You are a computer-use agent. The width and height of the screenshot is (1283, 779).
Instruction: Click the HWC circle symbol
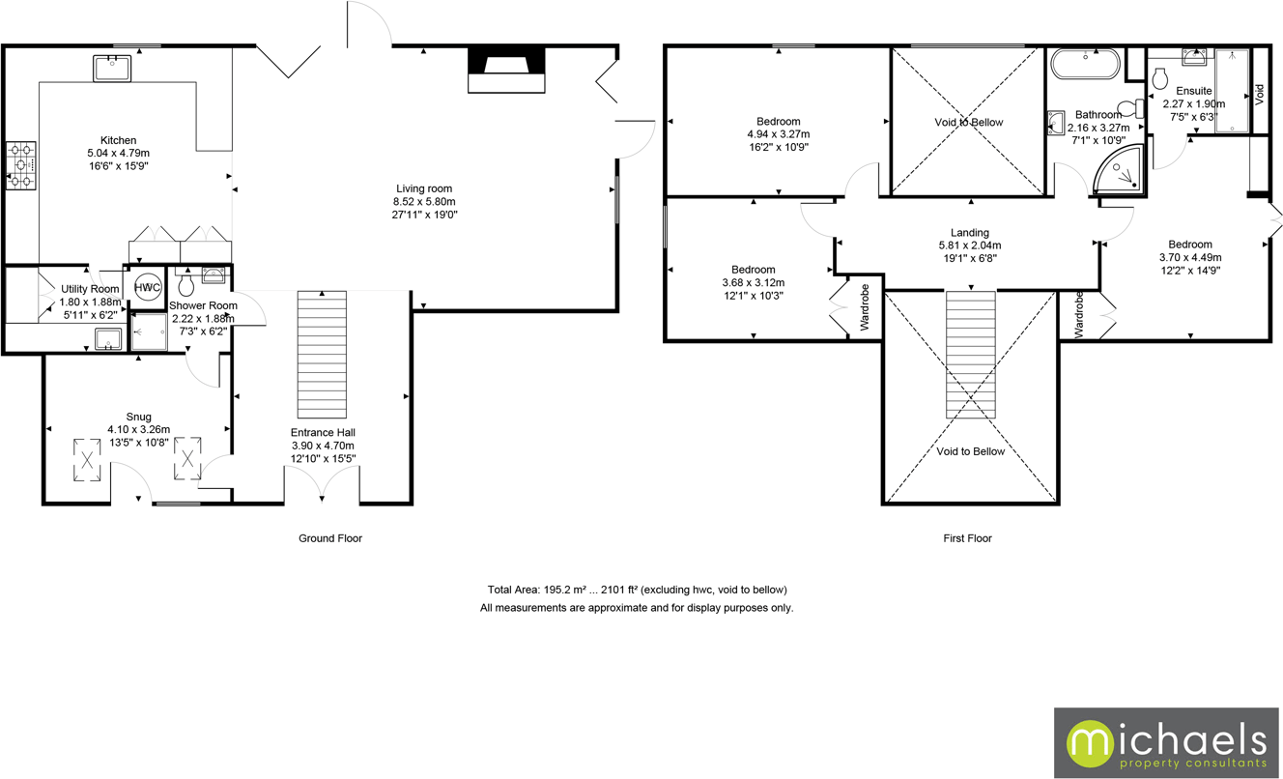pos(147,287)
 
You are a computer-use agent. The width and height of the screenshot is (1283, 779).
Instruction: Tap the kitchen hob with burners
pos(21,165)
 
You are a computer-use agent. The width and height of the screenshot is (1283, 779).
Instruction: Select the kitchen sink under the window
pos(113,69)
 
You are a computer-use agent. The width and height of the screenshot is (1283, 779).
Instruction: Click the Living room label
pos(424,188)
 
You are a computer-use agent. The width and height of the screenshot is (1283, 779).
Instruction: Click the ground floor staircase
pos(321,354)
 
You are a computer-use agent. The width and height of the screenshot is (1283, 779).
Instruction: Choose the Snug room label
pos(138,417)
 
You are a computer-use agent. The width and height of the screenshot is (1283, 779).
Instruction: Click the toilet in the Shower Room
pos(186,284)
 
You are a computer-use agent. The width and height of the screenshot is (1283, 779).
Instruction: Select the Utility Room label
pos(90,289)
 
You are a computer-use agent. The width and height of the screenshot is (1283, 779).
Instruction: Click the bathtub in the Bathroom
pos(1086,66)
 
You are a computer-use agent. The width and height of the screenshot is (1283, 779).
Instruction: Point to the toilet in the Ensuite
pos(1161,78)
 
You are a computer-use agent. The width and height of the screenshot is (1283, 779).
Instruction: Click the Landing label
pos(969,232)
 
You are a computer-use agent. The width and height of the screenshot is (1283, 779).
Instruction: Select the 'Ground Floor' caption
pos(329,538)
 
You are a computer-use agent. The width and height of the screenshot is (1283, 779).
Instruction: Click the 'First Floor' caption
pos(967,538)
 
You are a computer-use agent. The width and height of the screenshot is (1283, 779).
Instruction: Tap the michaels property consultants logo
pos(1166,742)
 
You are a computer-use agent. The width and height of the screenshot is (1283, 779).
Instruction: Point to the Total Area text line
pos(637,590)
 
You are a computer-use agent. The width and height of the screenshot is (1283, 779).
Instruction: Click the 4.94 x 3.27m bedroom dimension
pos(778,134)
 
